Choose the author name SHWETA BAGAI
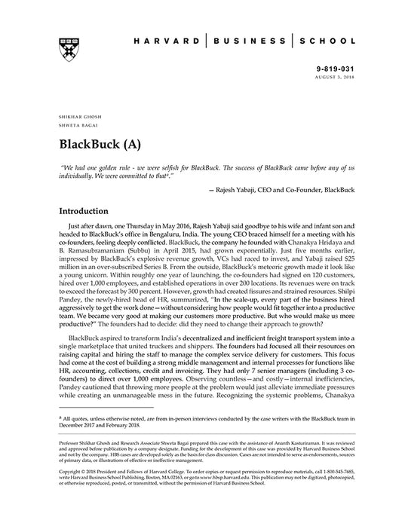[x=74, y=127]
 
